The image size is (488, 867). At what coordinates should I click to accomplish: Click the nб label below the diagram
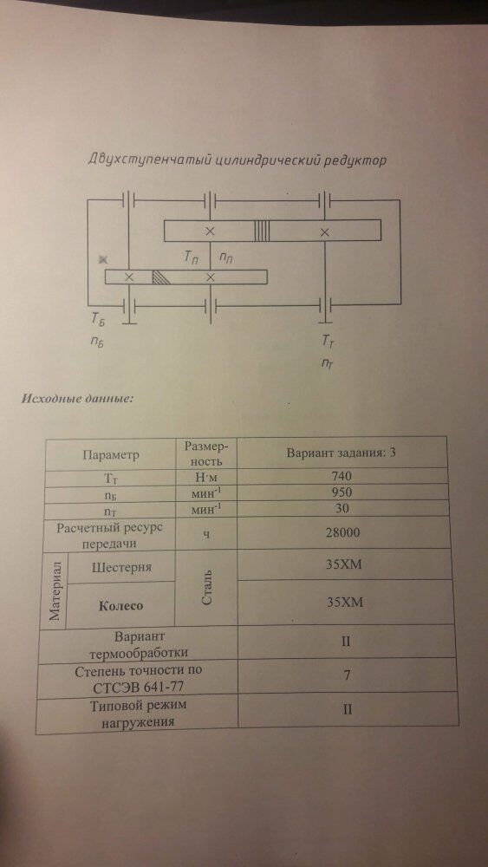[97, 341]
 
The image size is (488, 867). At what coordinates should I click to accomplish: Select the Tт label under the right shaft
[328, 342]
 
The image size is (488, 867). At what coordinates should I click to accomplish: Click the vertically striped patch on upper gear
[263, 230]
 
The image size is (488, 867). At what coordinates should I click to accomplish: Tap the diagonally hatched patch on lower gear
[160, 277]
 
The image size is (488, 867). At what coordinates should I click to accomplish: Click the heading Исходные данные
[77, 399]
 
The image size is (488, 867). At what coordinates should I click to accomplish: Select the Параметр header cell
[110, 455]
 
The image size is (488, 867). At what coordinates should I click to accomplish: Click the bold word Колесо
[120, 605]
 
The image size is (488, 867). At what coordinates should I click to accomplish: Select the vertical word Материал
[56, 590]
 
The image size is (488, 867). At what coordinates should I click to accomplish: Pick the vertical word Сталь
[205, 589]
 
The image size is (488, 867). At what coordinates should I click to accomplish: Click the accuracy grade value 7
[346, 675]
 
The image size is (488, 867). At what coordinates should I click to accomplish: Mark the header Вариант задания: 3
[341, 453]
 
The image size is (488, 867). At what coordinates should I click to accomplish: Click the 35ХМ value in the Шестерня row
[344, 565]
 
